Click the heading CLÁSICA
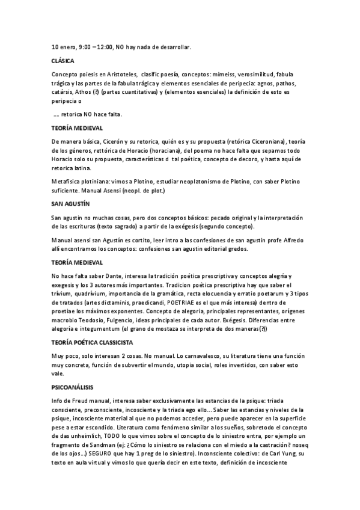click(63, 61)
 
